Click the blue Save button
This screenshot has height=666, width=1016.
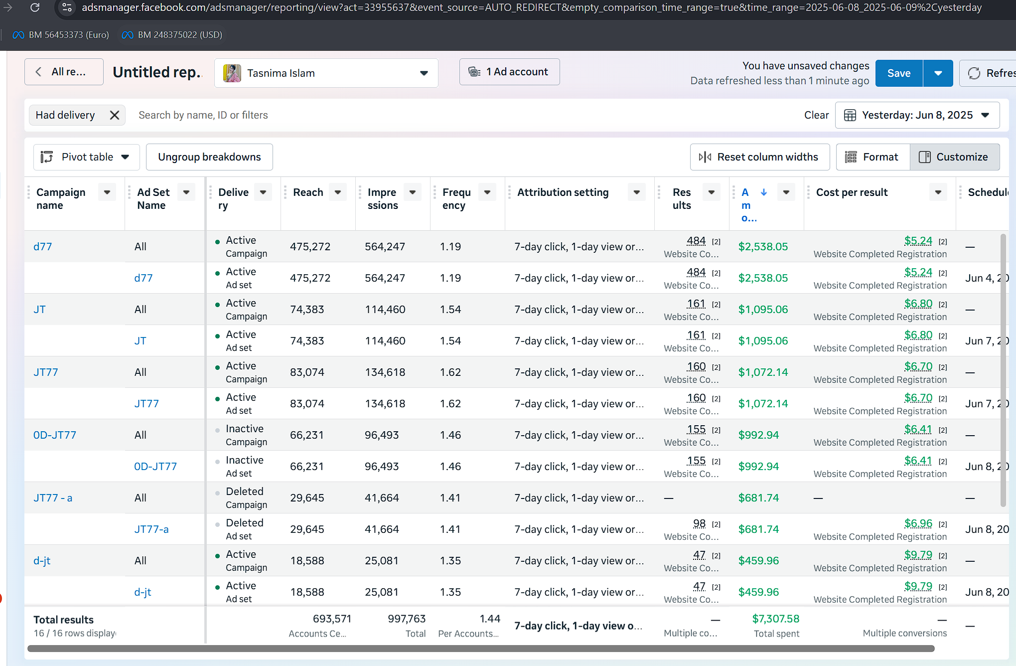coord(898,73)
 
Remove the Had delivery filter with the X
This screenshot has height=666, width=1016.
coord(115,115)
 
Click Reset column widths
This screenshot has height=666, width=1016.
coord(759,157)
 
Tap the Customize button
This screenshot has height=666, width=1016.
coord(955,157)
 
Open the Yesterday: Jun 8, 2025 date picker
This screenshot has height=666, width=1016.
coord(917,115)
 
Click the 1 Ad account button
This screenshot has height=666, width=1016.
coord(509,72)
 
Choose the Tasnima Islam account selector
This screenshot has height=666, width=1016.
coord(326,73)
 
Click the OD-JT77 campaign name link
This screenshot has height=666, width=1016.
coord(55,435)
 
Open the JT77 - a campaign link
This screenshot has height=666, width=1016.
coord(53,498)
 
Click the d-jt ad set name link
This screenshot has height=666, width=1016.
coord(143,592)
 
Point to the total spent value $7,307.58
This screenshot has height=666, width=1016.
coord(775,619)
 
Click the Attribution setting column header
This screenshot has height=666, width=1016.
coord(563,192)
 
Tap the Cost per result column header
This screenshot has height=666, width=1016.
coord(852,192)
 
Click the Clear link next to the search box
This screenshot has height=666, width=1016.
coord(816,115)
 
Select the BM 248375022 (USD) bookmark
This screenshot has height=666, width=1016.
coord(172,35)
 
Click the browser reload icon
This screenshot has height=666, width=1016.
coord(35,7)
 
